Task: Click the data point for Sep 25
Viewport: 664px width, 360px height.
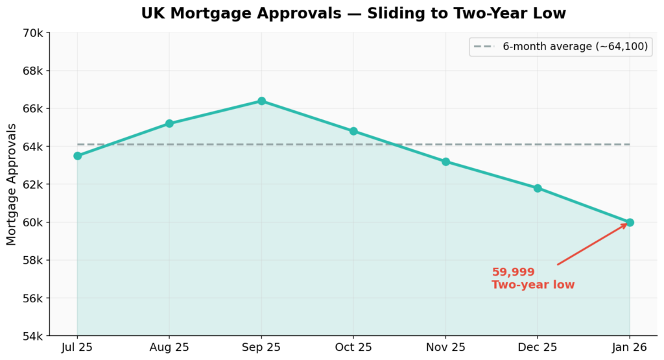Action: point(261,101)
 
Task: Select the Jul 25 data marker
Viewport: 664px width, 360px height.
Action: point(77,156)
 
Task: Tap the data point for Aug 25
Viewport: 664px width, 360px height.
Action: point(169,123)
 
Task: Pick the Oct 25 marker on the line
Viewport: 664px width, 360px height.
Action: point(353,131)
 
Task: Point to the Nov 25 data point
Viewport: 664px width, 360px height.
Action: point(445,162)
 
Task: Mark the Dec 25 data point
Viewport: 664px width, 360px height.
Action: point(538,188)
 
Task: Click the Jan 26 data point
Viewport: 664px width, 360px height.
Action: point(630,222)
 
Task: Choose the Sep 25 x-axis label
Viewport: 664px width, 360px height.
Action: point(261,348)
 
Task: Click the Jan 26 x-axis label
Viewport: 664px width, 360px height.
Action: point(630,348)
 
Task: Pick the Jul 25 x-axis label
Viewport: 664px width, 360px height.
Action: point(77,348)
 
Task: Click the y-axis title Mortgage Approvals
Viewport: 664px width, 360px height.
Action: point(11,185)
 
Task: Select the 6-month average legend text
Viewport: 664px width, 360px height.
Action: point(575,47)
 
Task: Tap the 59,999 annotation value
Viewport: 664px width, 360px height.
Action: point(513,272)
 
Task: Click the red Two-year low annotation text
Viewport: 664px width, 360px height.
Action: point(532,285)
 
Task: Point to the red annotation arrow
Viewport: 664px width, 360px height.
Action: point(591,245)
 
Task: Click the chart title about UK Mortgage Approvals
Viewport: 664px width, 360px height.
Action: point(353,13)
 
